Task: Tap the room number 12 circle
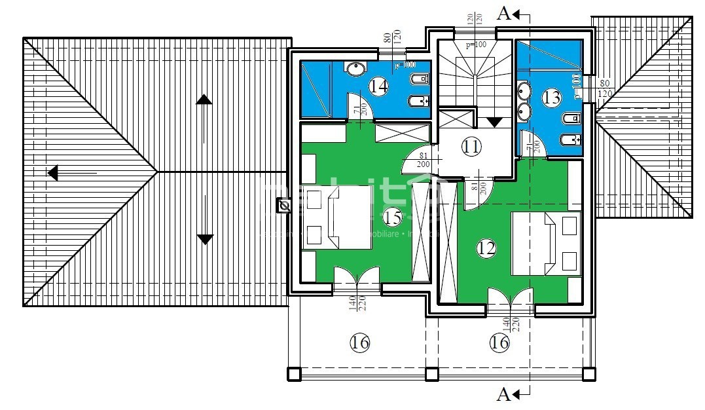tap(486, 248)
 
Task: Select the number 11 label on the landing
tap(470, 146)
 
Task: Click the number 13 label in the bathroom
tap(552, 98)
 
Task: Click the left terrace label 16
tap(360, 343)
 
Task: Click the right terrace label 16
tap(499, 343)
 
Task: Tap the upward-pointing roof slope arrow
tap(204, 100)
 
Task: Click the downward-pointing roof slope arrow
tap(205, 239)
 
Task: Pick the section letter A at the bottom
tap(504, 394)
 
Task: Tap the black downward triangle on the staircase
tap(494, 122)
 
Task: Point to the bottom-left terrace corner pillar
tap(293, 374)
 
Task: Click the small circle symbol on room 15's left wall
tap(284, 206)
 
